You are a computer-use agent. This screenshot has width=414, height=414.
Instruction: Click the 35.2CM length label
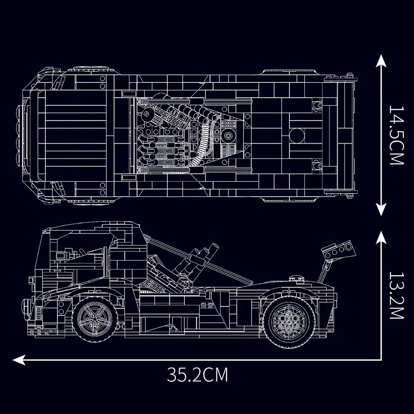click(x=197, y=375)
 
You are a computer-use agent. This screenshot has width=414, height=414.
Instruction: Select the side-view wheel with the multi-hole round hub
click(x=286, y=319)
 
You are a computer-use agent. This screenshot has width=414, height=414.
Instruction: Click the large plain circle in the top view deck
click(x=297, y=135)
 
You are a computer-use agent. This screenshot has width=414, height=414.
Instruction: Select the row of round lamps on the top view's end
click(x=20, y=135)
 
